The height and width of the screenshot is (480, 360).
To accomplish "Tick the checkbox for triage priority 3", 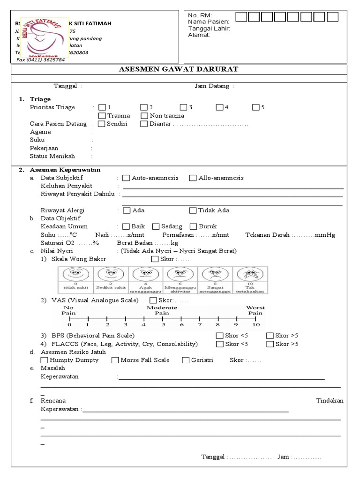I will coord(183,107).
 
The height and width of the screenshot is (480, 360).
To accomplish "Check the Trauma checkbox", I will coord(102,115).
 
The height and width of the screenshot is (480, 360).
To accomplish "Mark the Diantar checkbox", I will coord(144,124).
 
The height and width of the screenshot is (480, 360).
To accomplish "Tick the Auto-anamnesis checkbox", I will coord(126,178).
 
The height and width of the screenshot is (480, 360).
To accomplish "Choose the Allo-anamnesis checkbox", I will coord(193,178).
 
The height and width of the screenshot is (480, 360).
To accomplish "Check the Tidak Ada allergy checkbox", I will coord(193,210).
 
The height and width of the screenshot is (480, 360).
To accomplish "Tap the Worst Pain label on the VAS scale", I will coord(255,310).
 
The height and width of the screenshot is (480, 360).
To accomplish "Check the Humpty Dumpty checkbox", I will coord(45,360).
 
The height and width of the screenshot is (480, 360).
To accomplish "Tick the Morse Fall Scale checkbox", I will coord(115,360).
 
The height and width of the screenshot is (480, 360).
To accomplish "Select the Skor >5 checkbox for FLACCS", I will coord(270,344).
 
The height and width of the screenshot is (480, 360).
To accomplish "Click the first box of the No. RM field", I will coord(241,17).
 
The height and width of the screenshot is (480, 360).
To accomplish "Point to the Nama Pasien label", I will coord(208,22).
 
